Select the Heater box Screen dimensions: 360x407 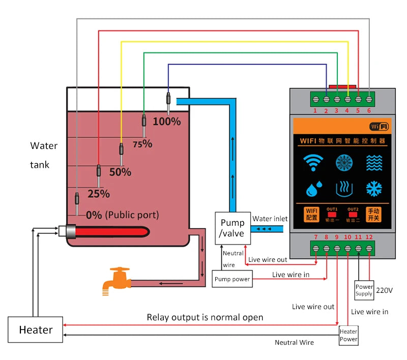pyautogui.click(x=36, y=329)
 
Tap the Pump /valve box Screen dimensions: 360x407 pyautogui.click(x=232, y=228)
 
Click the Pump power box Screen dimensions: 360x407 pyautogui.click(x=232, y=279)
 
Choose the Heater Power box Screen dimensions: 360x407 pyautogui.click(x=348, y=335)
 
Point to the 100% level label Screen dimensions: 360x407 pyautogui.click(x=167, y=121)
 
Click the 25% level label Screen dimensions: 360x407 pyautogui.click(x=99, y=194)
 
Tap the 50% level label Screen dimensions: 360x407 pyautogui.click(x=120, y=172)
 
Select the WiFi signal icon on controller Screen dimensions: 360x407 pyautogui.click(x=313, y=163)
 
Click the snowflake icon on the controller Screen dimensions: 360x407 pyautogui.click(x=374, y=189)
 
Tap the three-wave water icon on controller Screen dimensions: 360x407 pyautogui.click(x=374, y=163)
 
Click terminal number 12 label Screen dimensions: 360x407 pyautogui.click(x=369, y=237)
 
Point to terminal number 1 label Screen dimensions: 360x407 pyautogui.click(x=315, y=110)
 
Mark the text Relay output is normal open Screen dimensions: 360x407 pyautogui.click(x=205, y=317)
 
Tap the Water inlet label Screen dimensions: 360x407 pyautogui.click(x=270, y=219)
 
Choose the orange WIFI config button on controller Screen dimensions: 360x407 pyautogui.click(x=312, y=214)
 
